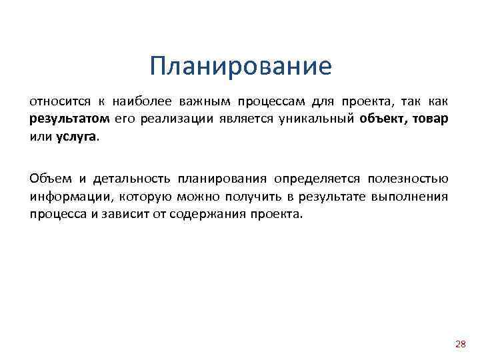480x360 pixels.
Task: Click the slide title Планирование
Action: [x=240, y=67]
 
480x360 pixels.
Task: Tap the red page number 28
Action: [x=459, y=344]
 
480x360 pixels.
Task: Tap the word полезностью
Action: [x=409, y=179]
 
